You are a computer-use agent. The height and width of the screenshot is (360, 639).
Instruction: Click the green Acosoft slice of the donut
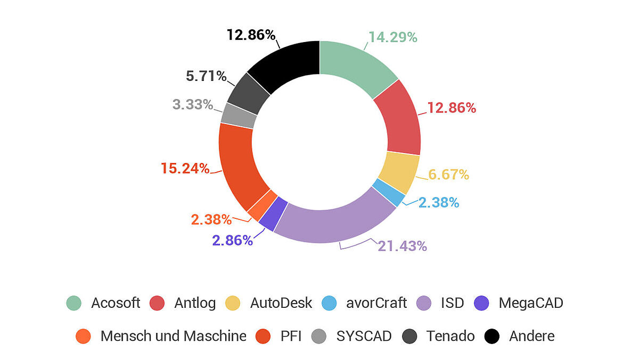(x=354, y=67)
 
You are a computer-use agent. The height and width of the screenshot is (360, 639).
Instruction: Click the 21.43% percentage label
(x=402, y=246)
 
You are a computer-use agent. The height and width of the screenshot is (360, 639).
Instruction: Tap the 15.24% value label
(x=185, y=169)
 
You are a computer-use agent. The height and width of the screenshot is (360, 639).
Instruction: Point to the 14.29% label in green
(x=392, y=37)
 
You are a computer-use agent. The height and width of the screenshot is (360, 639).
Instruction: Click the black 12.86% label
(x=251, y=35)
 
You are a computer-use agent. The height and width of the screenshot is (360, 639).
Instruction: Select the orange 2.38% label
(x=211, y=219)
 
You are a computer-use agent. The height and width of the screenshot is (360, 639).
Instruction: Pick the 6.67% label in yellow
(x=448, y=175)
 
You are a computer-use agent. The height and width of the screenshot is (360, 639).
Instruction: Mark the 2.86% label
(x=232, y=241)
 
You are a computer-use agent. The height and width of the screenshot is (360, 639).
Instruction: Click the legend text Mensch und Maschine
(x=173, y=336)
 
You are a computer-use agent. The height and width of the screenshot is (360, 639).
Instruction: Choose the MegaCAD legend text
(x=530, y=303)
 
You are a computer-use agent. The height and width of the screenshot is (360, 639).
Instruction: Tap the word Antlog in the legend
(x=195, y=303)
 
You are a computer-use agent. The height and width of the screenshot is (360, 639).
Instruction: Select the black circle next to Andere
(x=492, y=336)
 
